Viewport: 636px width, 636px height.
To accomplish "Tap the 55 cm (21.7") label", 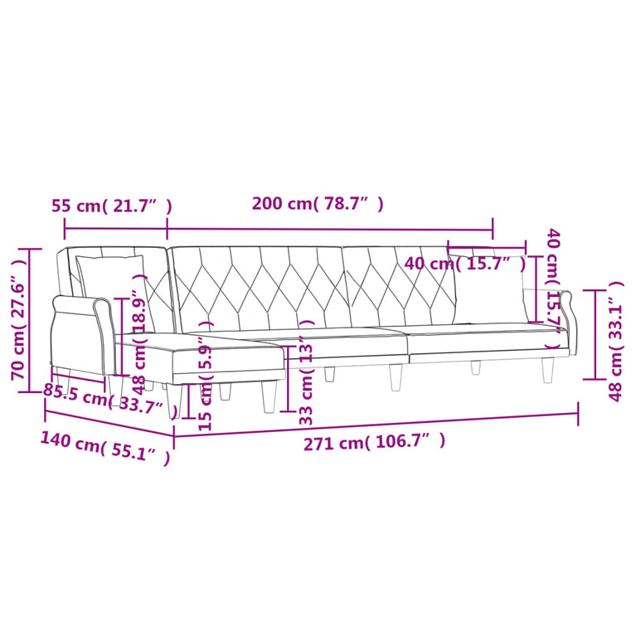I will (x=111, y=206).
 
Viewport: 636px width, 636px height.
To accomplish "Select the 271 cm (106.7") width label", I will (x=374, y=443).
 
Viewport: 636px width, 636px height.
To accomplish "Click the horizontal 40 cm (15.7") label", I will (x=465, y=265).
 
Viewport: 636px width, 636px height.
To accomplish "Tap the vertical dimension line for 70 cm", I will (x=31, y=316).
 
